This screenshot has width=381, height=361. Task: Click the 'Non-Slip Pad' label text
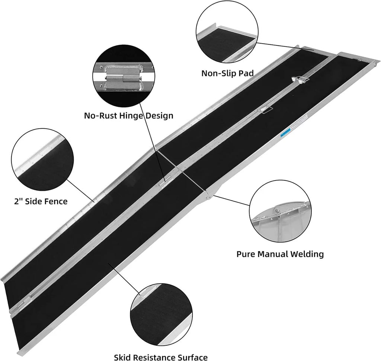tap(227, 73)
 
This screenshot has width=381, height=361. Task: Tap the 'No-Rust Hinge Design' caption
tap(128, 115)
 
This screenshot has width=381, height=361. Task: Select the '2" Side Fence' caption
tap(41, 202)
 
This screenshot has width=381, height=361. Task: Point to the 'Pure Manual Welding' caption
tap(280, 254)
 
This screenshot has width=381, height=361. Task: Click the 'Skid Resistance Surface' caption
tap(161, 357)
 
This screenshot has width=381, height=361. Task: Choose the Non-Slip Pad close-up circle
tap(227, 32)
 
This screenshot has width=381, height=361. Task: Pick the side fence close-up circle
tap(42, 159)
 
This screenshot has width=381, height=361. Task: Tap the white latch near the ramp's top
tap(300, 80)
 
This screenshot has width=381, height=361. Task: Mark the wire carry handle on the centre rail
tap(266, 110)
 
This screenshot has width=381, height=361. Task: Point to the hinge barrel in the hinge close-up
tap(124, 79)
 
